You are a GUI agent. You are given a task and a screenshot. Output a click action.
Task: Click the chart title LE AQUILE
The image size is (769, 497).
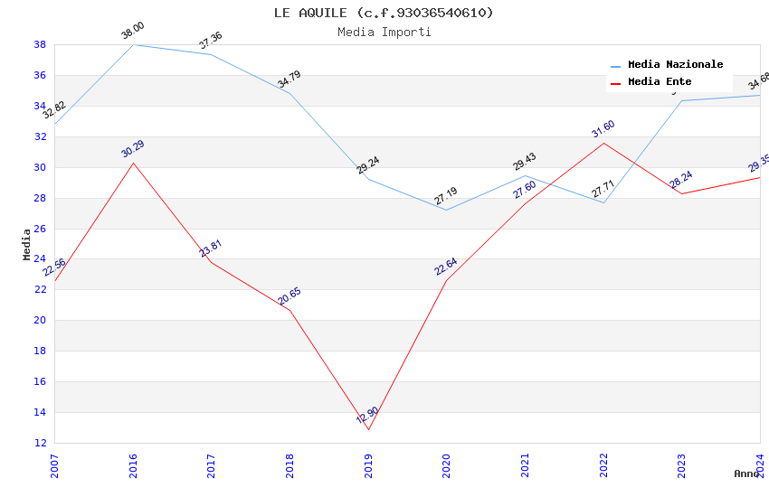pyautogui.click(x=384, y=13)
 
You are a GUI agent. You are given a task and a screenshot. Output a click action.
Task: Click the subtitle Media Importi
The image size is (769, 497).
pyautogui.click(x=384, y=32)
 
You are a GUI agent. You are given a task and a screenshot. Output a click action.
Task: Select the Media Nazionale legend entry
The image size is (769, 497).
pyautogui.click(x=675, y=65)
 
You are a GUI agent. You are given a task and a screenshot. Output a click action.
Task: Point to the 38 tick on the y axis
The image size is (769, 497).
pyautogui.click(x=40, y=44)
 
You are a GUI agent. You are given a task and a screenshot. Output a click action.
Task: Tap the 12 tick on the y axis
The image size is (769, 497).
pyautogui.click(x=40, y=443)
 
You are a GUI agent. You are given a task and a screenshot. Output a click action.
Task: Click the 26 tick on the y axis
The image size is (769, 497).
pyautogui.click(x=40, y=229)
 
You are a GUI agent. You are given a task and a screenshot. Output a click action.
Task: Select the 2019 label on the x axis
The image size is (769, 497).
pyautogui.click(x=368, y=466)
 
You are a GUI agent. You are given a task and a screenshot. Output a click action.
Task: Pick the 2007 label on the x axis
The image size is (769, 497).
pyautogui.click(x=54, y=466)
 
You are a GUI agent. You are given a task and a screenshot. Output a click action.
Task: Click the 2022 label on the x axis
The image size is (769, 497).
pyautogui.click(x=603, y=466)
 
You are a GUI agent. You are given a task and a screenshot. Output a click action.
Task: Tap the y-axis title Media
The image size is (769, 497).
pyautogui.click(x=26, y=244)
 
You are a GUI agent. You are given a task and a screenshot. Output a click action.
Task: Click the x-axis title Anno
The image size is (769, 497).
pyautogui.click(x=746, y=474)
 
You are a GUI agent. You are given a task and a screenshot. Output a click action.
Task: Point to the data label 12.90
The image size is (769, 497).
pyautogui.click(x=367, y=416)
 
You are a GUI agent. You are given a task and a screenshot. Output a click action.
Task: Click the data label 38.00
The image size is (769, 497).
pyautogui.click(x=133, y=31)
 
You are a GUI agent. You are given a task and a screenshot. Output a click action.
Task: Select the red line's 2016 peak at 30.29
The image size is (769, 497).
pyautogui.click(x=133, y=163)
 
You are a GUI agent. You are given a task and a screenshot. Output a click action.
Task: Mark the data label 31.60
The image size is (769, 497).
pyautogui.click(x=603, y=129)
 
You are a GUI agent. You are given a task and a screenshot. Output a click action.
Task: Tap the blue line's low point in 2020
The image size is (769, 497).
pyautogui.click(x=447, y=210)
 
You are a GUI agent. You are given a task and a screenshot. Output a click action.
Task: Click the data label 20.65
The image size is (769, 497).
pyautogui.click(x=290, y=296)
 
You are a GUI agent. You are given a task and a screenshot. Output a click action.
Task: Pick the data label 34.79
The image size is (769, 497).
pyautogui.click(x=290, y=79)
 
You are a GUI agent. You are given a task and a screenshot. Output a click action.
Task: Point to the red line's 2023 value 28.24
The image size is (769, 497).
pyautogui.click(x=681, y=193)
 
